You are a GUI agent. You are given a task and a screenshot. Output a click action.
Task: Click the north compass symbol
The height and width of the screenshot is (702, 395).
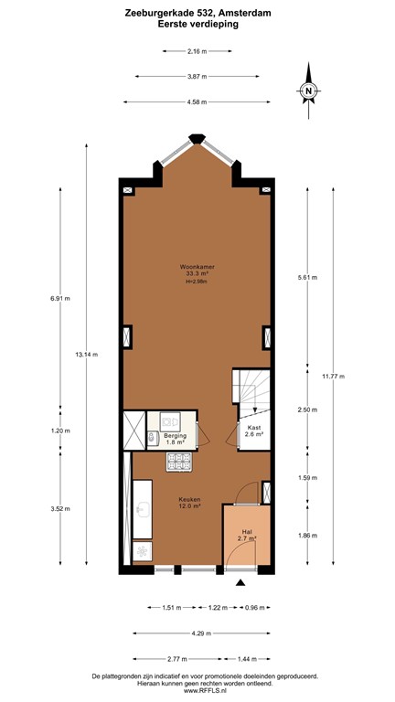[x=309, y=90]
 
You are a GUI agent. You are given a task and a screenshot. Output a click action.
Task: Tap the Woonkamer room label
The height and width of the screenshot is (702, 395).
[x=197, y=268]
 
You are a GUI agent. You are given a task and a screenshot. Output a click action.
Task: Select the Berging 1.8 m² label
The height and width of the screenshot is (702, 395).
[x=176, y=437]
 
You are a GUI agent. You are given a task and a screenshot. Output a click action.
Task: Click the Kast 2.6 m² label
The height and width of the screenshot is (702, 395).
[x=255, y=431]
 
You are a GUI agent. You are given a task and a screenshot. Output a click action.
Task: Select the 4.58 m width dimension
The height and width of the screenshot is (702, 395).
[x=197, y=101]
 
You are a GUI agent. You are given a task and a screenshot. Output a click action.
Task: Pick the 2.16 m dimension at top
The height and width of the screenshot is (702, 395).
[x=197, y=52]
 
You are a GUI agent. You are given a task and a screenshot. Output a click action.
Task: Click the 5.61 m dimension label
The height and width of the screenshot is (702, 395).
[x=308, y=277]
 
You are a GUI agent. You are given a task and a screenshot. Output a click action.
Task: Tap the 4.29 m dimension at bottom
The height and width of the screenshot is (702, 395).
[x=197, y=632]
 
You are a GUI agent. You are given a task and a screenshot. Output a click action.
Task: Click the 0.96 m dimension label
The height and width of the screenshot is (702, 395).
[x=253, y=606]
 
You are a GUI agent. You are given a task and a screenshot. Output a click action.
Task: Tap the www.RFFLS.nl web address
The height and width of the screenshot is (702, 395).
[x=197, y=692]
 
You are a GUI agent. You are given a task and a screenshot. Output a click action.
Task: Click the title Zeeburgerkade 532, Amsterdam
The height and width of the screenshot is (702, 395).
[x=197, y=13]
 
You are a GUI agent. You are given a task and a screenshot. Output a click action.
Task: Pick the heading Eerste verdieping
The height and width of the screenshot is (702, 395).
[x=197, y=25]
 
